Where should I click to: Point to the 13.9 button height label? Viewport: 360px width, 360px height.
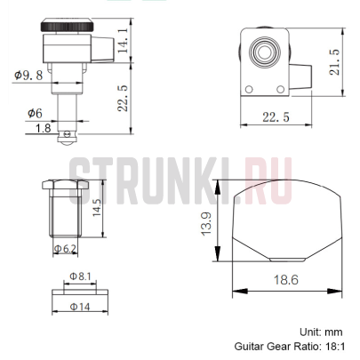point(207,226)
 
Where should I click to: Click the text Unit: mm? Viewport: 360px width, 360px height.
point(322,331)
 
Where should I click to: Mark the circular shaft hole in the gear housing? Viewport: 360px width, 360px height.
point(264,51)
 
